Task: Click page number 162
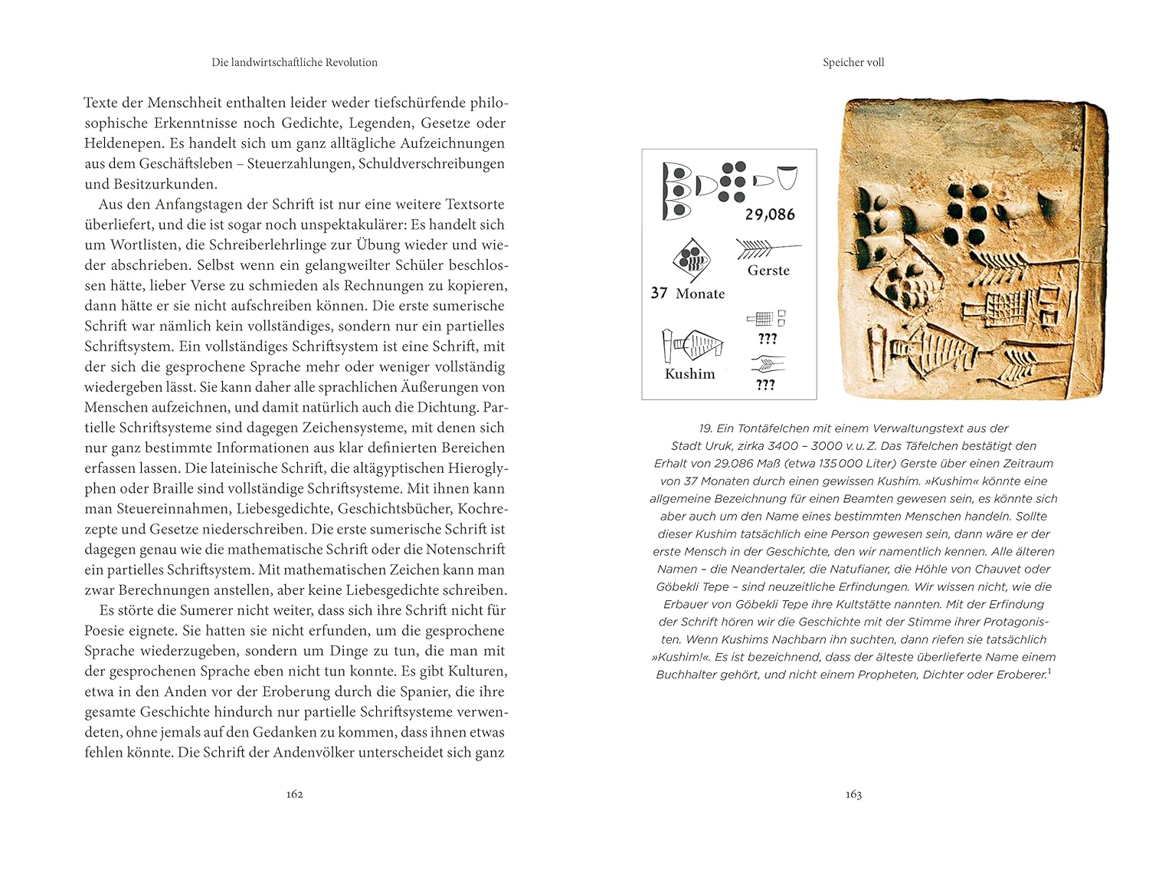coord(295,794)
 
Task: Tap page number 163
coord(853,794)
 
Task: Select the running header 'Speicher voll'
coord(853,63)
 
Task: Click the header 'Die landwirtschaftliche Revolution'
coord(294,63)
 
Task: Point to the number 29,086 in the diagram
coord(770,215)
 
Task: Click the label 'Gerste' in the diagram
coord(768,271)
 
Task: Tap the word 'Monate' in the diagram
coord(700,294)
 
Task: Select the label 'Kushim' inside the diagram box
coord(689,374)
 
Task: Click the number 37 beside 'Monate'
coord(659,294)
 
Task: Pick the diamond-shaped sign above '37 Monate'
coord(691,261)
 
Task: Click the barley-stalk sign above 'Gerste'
coord(766,249)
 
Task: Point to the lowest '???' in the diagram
coord(765,386)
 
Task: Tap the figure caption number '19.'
coord(705,428)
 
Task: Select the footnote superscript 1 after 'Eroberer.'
coord(1049,671)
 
